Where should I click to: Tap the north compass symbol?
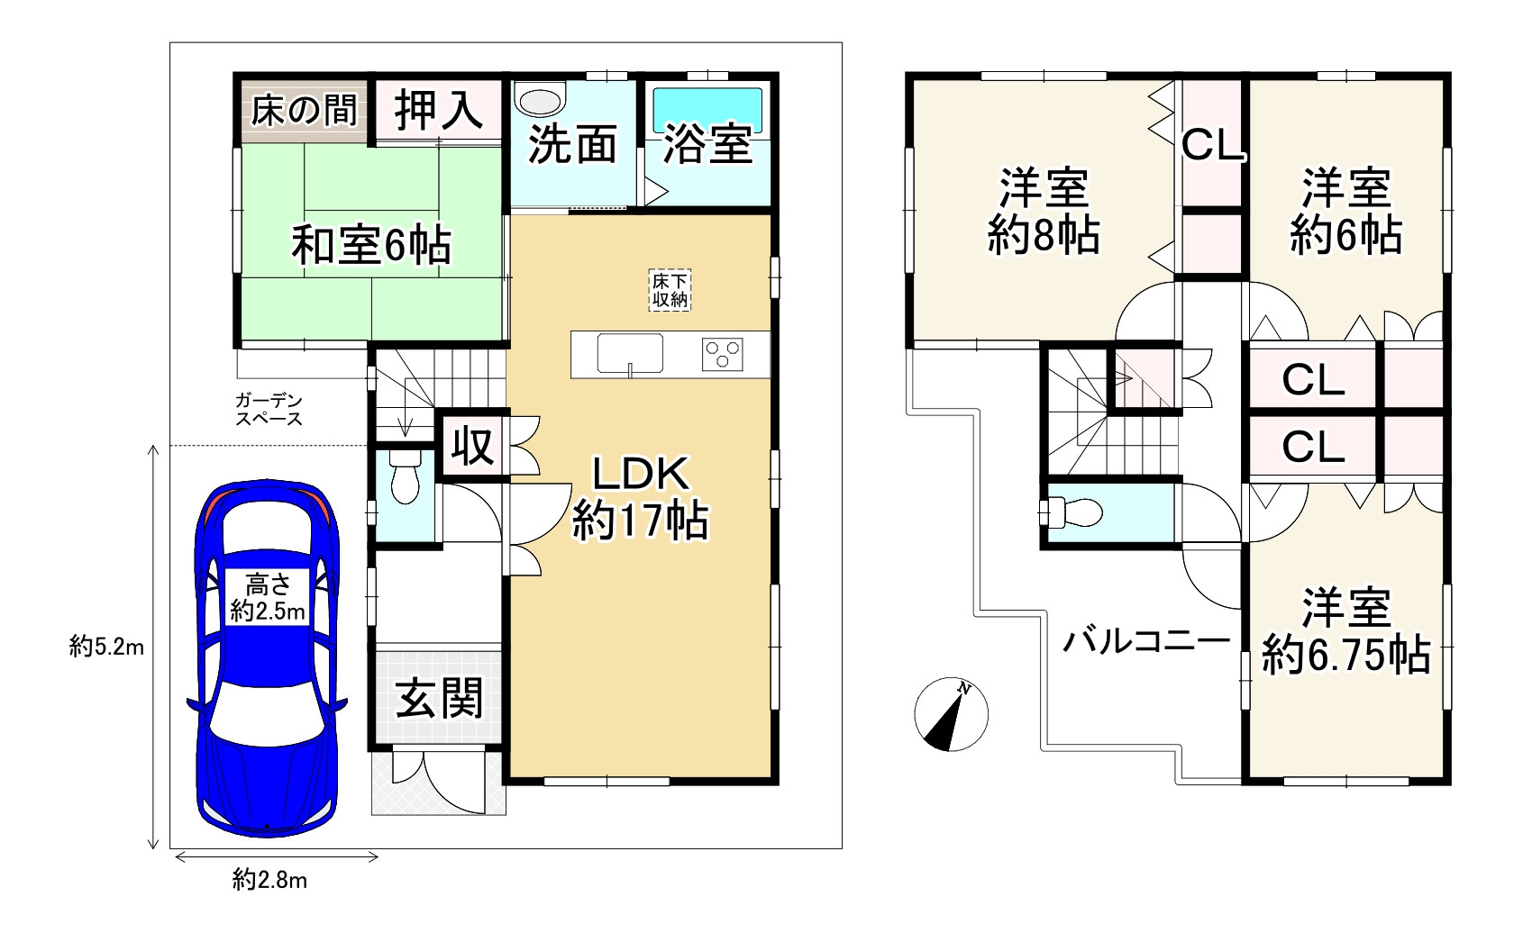[951, 714]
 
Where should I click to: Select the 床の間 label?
[304, 111]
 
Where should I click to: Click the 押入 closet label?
[439, 110]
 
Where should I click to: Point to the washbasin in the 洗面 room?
[541, 99]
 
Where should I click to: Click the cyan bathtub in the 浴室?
[707, 110]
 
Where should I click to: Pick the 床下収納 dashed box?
[670, 290]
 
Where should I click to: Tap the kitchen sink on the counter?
[630, 353]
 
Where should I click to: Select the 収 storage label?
[472, 447]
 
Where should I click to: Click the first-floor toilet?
[406, 477]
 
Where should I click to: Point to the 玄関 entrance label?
[439, 698]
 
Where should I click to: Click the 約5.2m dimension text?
[106, 647]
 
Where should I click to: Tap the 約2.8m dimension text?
[270, 881]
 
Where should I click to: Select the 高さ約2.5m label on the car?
[268, 597]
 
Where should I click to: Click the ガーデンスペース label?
[269, 410]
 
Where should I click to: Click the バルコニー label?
[1147, 641]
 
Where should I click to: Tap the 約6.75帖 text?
[1346, 655]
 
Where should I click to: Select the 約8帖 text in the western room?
[1044, 234]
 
